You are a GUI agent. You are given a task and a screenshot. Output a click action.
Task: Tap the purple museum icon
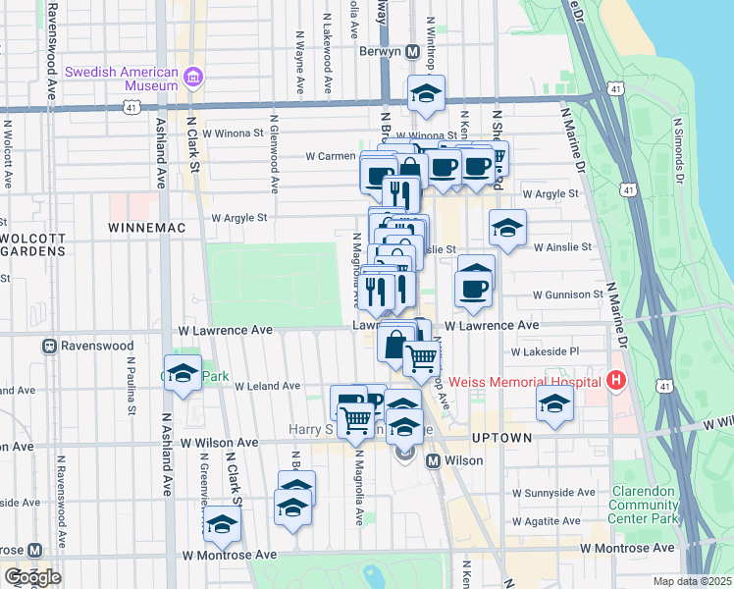(193, 76)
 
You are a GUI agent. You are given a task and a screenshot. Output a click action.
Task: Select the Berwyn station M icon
(413, 50)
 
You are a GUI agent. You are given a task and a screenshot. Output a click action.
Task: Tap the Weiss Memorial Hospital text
(526, 381)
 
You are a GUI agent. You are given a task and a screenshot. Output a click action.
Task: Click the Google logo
(32, 577)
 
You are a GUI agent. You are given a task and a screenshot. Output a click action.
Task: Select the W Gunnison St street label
(567, 294)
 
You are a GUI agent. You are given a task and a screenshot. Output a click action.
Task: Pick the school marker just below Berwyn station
(426, 94)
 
